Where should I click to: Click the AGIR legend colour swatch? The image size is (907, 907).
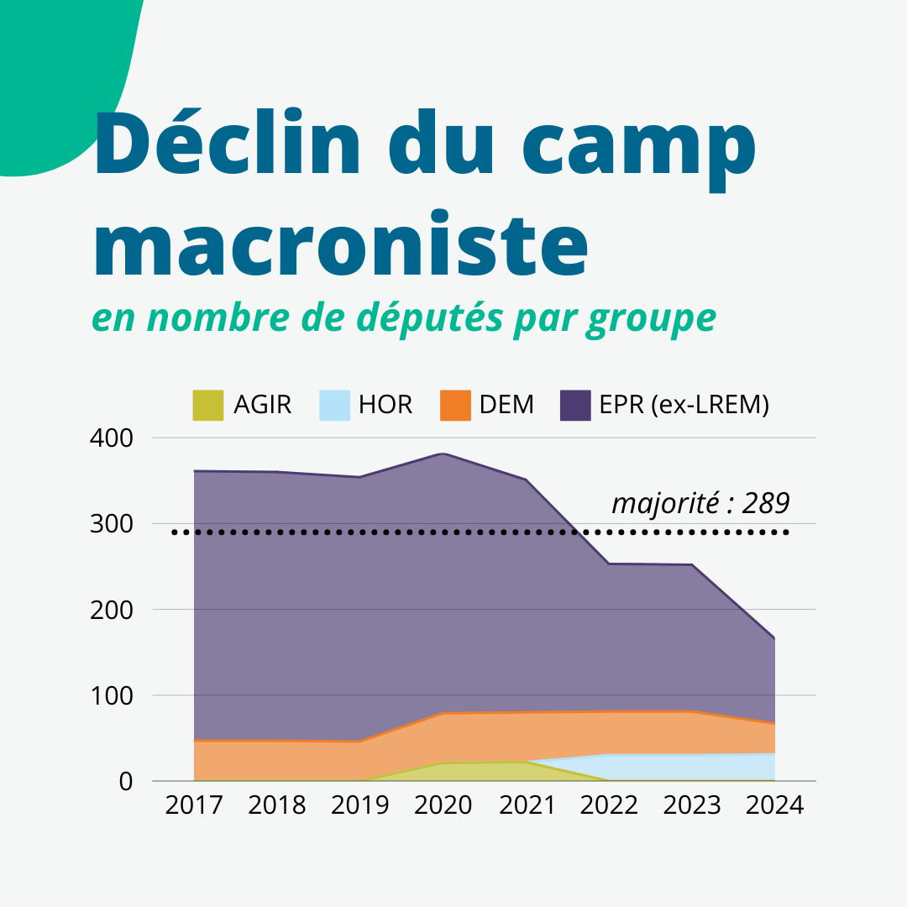pyautogui.click(x=208, y=405)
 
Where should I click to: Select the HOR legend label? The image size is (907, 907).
pyautogui.click(x=385, y=405)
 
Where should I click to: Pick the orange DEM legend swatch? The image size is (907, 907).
pyautogui.click(x=456, y=405)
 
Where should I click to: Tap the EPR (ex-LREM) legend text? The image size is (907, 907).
pyautogui.click(x=684, y=405)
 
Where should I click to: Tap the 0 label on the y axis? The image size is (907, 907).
pyautogui.click(x=125, y=781)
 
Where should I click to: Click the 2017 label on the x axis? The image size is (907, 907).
pyautogui.click(x=194, y=805)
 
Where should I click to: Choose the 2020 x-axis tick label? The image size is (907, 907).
pyautogui.click(x=443, y=805)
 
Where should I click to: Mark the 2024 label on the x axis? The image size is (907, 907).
pyautogui.click(x=774, y=805)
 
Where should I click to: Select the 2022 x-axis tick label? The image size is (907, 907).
pyautogui.click(x=609, y=805)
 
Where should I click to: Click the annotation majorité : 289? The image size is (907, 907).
pyautogui.click(x=700, y=503)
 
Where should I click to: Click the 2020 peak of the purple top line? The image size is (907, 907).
pyautogui.click(x=443, y=453)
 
